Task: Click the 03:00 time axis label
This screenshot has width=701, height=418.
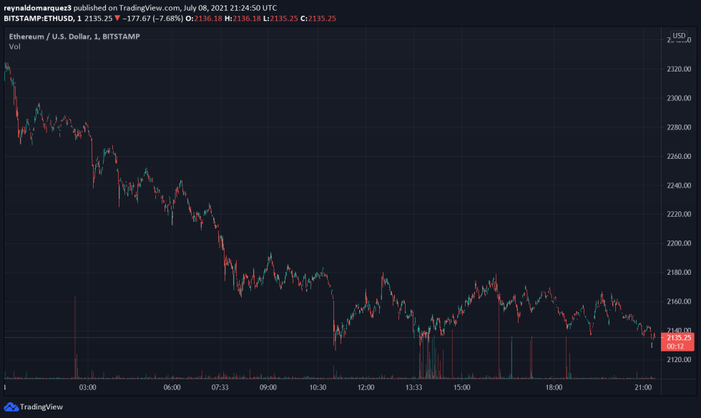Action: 88,387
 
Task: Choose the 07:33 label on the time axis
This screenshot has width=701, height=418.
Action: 220,387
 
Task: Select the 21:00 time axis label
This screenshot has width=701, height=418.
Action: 643,387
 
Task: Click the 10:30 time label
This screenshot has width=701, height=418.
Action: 318,387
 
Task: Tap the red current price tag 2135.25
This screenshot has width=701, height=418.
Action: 678,338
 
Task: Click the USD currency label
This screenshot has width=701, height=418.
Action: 679,36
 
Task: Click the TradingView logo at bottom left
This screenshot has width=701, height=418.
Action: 34,407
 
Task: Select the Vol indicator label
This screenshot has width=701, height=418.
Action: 14,47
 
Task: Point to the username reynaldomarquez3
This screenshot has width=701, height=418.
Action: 38,6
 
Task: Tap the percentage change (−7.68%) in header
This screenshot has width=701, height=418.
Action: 167,17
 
